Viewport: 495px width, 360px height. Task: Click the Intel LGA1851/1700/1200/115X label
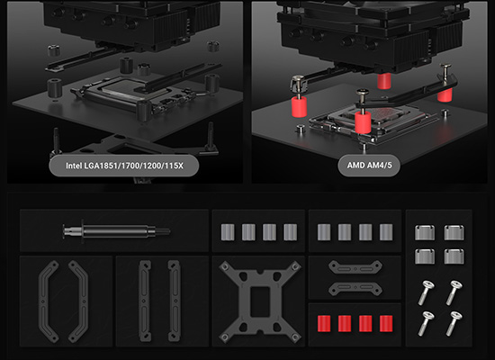pyautogui.click(x=124, y=166)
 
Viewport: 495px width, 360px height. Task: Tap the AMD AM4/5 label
pyautogui.click(x=369, y=166)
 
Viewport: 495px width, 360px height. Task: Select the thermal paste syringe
pyautogui.click(x=116, y=231)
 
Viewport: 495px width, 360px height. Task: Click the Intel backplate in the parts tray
pyautogui.click(x=260, y=301)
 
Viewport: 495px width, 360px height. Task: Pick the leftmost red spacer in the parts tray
pyautogui.click(x=324, y=323)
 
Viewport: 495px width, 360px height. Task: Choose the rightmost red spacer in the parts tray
pyautogui.click(x=386, y=323)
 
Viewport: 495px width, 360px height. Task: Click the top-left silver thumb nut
pyautogui.click(x=425, y=233)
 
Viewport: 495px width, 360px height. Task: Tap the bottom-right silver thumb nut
pyautogui.click(x=454, y=256)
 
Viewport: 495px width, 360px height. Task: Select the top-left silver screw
pyautogui.click(x=427, y=292)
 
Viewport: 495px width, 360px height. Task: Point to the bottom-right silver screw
pyautogui.click(x=454, y=324)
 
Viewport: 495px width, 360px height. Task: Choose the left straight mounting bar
pyautogui.click(x=145, y=301)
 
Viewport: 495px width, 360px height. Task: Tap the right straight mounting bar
pyautogui.click(x=174, y=301)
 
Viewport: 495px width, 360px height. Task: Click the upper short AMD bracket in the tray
pyautogui.click(x=355, y=267)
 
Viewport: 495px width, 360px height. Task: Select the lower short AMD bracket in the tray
pyautogui.click(x=355, y=289)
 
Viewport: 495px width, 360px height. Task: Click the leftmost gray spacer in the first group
pyautogui.click(x=228, y=232)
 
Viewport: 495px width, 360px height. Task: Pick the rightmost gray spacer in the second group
pyautogui.click(x=386, y=232)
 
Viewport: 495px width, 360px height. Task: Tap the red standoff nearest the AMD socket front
pyautogui.click(x=363, y=122)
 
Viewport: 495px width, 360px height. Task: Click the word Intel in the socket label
pyautogui.click(x=74, y=166)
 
